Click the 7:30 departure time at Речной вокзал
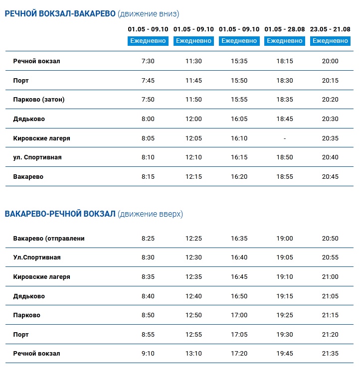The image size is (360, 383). [x=148, y=61]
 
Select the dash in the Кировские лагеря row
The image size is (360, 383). [x=285, y=138]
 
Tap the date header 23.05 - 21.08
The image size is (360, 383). [x=330, y=29]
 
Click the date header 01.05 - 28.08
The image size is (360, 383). [x=285, y=29]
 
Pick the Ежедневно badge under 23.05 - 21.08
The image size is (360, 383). [x=330, y=41]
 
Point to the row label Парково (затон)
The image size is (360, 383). [x=39, y=100]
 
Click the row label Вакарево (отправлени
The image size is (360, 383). [x=49, y=239]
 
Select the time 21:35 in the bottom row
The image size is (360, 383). [x=330, y=354]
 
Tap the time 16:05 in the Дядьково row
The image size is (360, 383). [x=239, y=119]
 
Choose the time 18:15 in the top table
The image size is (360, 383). [x=285, y=61]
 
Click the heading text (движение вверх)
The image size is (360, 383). [x=150, y=214]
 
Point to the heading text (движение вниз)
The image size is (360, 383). [x=148, y=14]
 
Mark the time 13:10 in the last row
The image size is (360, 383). [x=193, y=354]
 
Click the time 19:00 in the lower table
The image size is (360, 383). [x=285, y=239]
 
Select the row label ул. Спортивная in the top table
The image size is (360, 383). [x=37, y=157]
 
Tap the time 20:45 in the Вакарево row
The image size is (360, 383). [x=330, y=177]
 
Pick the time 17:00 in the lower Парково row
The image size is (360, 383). [x=239, y=315]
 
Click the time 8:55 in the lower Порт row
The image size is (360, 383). [x=148, y=335]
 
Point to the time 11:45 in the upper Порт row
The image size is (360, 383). [x=193, y=81]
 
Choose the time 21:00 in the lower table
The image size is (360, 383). [x=330, y=277]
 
